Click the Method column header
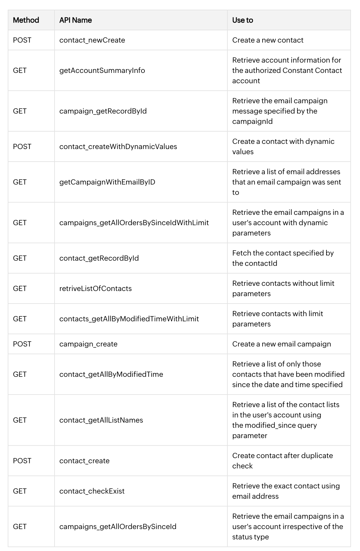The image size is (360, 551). (x=26, y=20)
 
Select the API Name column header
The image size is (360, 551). (x=75, y=20)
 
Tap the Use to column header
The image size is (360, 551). (x=243, y=20)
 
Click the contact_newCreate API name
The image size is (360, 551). (x=92, y=40)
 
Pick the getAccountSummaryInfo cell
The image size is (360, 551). (x=102, y=70)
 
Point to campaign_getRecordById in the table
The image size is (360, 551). (x=103, y=111)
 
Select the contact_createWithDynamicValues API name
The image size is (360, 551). (x=118, y=146)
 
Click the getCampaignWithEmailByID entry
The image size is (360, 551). (x=107, y=182)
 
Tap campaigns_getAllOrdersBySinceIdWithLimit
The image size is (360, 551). (x=134, y=223)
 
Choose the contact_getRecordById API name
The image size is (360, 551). (x=99, y=258)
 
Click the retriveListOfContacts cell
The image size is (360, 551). (x=95, y=288)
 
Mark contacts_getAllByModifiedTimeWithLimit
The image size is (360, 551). (x=129, y=319)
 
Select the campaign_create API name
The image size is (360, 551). (x=88, y=344)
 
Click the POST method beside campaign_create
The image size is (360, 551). (x=22, y=344)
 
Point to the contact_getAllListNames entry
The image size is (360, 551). (x=101, y=420)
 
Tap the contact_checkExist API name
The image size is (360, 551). (x=92, y=491)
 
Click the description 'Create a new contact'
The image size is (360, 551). (x=268, y=40)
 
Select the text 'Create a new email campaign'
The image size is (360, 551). (x=282, y=344)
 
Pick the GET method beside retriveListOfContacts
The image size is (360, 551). (x=20, y=288)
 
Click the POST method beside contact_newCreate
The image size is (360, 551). (x=22, y=40)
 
